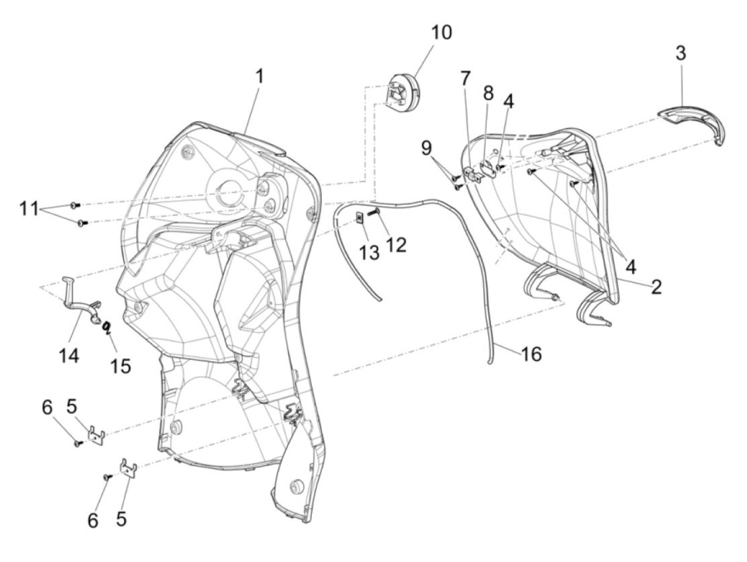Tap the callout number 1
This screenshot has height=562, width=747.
pyautogui.click(x=259, y=76)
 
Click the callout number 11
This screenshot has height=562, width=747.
pyautogui.click(x=29, y=208)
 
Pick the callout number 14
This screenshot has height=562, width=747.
pyautogui.click(x=69, y=357)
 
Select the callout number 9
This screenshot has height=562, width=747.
pyautogui.click(x=427, y=149)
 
